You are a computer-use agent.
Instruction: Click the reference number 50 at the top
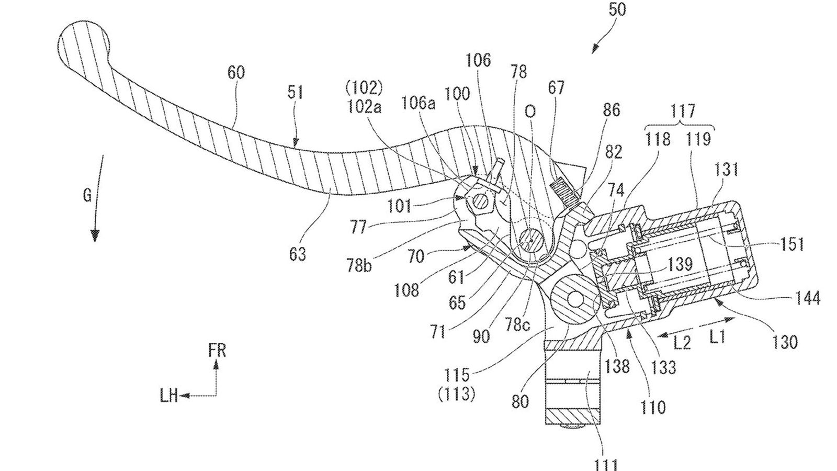click(x=617, y=10)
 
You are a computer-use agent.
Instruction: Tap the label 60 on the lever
click(x=236, y=72)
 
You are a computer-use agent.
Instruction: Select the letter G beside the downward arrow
click(x=87, y=196)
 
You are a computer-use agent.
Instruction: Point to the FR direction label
click(x=217, y=350)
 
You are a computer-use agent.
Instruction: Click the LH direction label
click(x=168, y=397)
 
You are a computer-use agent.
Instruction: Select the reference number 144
click(x=808, y=299)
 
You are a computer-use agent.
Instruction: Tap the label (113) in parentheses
click(x=456, y=394)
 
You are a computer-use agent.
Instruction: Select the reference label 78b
click(x=358, y=266)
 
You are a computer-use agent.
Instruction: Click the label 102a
click(x=364, y=107)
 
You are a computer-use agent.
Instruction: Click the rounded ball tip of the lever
click(x=84, y=42)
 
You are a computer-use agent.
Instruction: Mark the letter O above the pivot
click(x=530, y=111)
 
